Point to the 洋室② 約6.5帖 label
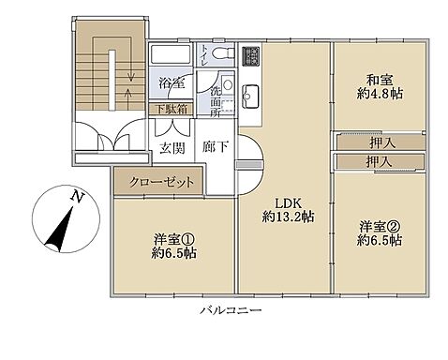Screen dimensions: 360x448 [380, 232]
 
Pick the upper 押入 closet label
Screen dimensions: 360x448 [380, 142]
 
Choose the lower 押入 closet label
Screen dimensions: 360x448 [380, 162]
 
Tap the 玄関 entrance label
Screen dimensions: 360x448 [171, 148]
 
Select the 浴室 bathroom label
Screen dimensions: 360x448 [170, 82]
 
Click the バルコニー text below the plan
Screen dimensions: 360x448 [231, 309]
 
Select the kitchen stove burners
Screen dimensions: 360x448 [253, 56]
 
